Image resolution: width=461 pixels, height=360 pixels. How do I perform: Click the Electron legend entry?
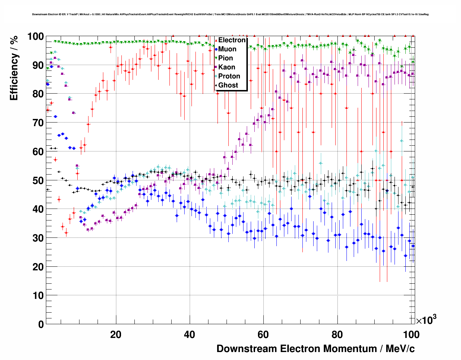coord(232,40)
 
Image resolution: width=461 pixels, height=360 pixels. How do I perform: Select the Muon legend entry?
coord(227,49)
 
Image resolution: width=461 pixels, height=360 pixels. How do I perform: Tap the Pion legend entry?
coord(225,58)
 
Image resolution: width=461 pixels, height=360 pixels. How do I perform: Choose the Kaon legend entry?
coord(227,67)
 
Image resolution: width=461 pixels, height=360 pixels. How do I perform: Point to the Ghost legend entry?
coord(228,85)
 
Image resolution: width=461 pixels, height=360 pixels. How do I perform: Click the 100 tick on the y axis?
coord(36,37)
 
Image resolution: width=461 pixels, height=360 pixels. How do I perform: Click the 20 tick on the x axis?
coord(116,335)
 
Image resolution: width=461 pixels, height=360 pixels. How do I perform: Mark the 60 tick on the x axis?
coord(263,335)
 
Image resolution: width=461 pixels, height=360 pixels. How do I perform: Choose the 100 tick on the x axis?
coord(411,335)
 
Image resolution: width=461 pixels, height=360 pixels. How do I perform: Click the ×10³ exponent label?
coord(426,320)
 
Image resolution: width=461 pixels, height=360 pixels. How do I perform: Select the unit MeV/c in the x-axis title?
coord(400,349)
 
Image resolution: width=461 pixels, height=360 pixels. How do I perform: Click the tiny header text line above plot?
coord(230,14)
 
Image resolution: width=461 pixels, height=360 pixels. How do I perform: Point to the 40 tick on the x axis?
coord(190,335)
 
